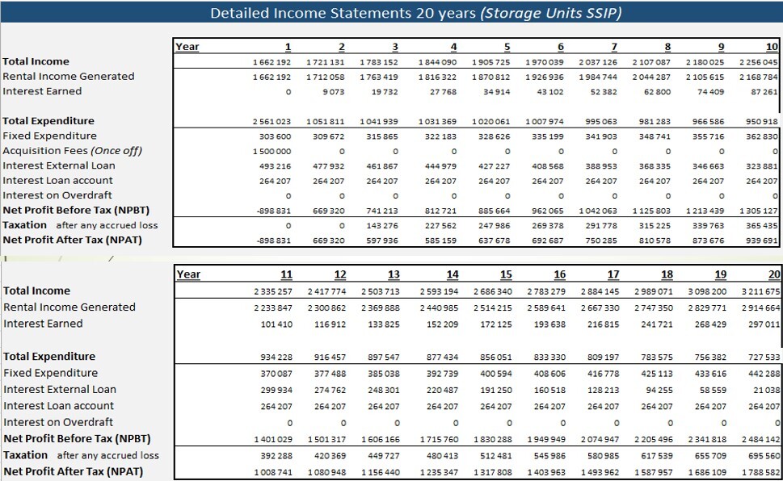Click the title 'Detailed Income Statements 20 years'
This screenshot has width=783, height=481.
tap(343, 13)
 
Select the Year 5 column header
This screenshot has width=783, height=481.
tap(507, 47)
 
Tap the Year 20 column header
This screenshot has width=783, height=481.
tap(774, 274)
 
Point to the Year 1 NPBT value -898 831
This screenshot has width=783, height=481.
tap(274, 211)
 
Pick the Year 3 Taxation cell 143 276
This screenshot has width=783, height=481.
tap(381, 225)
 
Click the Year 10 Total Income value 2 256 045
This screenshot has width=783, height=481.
tap(758, 62)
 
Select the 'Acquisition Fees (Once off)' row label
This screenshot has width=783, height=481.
tap(72, 151)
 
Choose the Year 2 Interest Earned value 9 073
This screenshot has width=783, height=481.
tap(333, 92)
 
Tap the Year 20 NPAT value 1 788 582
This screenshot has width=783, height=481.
tap(760, 472)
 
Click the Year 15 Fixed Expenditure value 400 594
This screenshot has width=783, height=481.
tap(496, 374)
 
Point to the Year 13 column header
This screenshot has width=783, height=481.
tap(394, 274)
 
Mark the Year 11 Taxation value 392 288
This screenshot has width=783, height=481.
tap(276, 456)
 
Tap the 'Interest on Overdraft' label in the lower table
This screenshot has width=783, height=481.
tap(58, 422)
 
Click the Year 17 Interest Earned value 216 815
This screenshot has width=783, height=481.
tap(604, 324)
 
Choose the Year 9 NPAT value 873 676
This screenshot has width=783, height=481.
tap(708, 240)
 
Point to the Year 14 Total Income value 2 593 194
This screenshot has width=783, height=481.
tap(439, 291)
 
